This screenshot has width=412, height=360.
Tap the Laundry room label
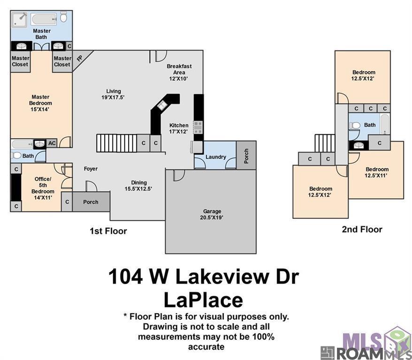[216, 157]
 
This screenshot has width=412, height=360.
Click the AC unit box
[52, 143]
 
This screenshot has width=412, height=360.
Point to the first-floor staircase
[116, 142]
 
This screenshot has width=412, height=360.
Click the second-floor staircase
[324, 143]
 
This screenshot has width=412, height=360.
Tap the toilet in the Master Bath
[64, 18]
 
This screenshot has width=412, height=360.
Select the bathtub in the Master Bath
[44, 19]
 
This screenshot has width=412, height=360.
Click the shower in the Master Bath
[20, 19]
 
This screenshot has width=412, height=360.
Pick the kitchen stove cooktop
[198, 127]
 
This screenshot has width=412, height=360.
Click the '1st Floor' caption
[108, 231]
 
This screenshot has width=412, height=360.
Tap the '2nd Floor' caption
[362, 229]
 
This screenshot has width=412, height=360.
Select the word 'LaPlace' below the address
[203, 300]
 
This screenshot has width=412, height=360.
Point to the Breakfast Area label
[179, 73]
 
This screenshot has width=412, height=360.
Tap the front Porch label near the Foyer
[91, 202]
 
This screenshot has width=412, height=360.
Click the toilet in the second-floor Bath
[355, 126]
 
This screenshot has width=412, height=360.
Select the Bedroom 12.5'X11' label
[377, 172]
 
